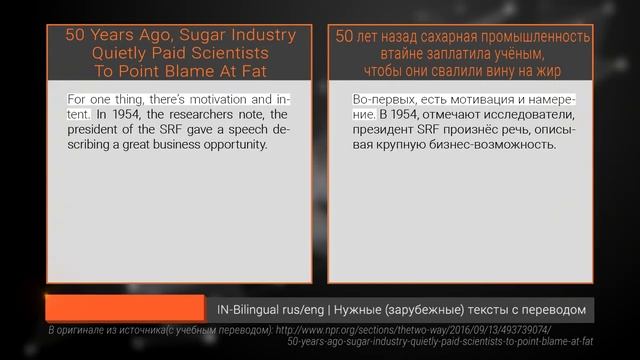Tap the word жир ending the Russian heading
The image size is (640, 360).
click(547, 70)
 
